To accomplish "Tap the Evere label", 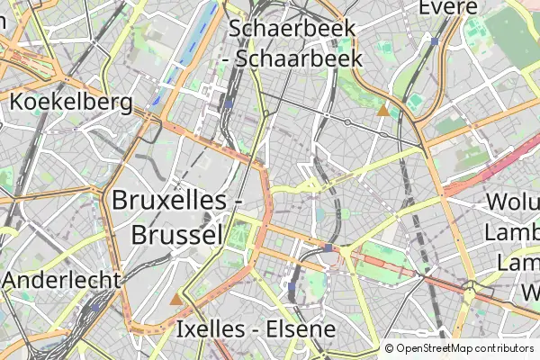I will tap(448, 8).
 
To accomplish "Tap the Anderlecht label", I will tap(60, 280).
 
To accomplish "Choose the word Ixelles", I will tap(211, 328).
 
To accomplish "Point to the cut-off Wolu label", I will tap(512, 202).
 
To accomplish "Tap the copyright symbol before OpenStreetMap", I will tap(390, 348).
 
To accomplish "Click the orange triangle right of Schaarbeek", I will tap(383, 111).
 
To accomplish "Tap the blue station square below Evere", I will tap(435, 41).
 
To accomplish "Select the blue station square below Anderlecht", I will tap(96, 307).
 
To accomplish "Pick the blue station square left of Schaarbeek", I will tap(230, 103).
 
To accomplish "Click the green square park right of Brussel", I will tap(238, 236).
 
